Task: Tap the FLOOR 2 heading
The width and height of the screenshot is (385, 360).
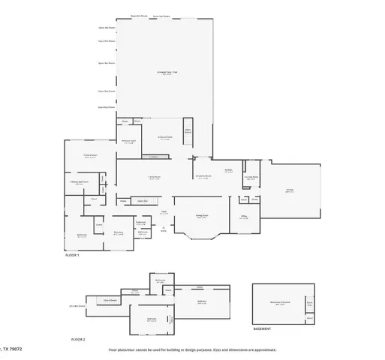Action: coord(78,339)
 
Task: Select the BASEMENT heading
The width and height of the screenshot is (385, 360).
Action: coord(262,328)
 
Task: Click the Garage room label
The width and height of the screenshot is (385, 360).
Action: coord(290,190)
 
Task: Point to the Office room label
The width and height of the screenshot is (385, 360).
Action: coord(244,216)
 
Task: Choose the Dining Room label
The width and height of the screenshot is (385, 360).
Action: coord(202,216)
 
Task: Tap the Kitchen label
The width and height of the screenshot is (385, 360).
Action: coord(228,171)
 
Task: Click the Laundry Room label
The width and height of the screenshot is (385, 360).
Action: coord(253,178)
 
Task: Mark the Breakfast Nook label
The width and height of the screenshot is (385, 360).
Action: coord(203,178)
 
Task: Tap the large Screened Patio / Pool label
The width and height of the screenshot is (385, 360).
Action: coord(166,73)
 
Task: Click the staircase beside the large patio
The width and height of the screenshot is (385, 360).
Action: coord(188,131)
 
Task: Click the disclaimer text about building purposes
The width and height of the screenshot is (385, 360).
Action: coord(191,349)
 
